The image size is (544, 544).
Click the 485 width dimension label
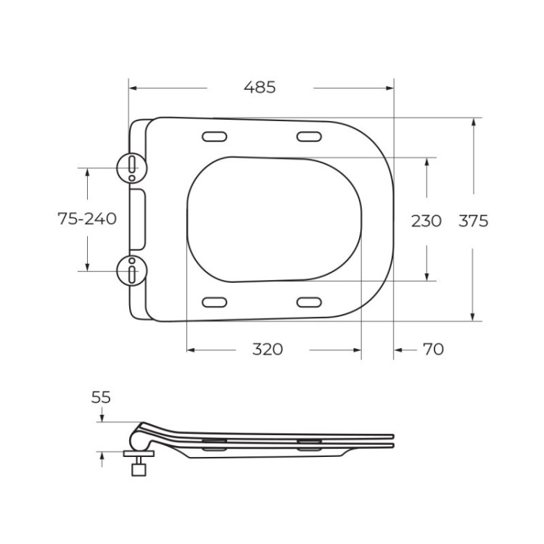[260, 88]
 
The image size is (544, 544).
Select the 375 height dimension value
[473, 221]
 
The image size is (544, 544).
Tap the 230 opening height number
[426, 221]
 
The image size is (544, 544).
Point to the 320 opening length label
[268, 350]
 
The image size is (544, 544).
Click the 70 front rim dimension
[432, 350]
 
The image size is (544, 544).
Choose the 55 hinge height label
[101, 397]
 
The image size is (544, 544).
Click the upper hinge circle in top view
[131, 168]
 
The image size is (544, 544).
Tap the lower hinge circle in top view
[131, 270]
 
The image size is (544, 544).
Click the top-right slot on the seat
[309, 136]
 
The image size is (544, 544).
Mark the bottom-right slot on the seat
[309, 302]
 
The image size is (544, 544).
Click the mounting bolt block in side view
[138, 469]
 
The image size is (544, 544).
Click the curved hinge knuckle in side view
[138, 437]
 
